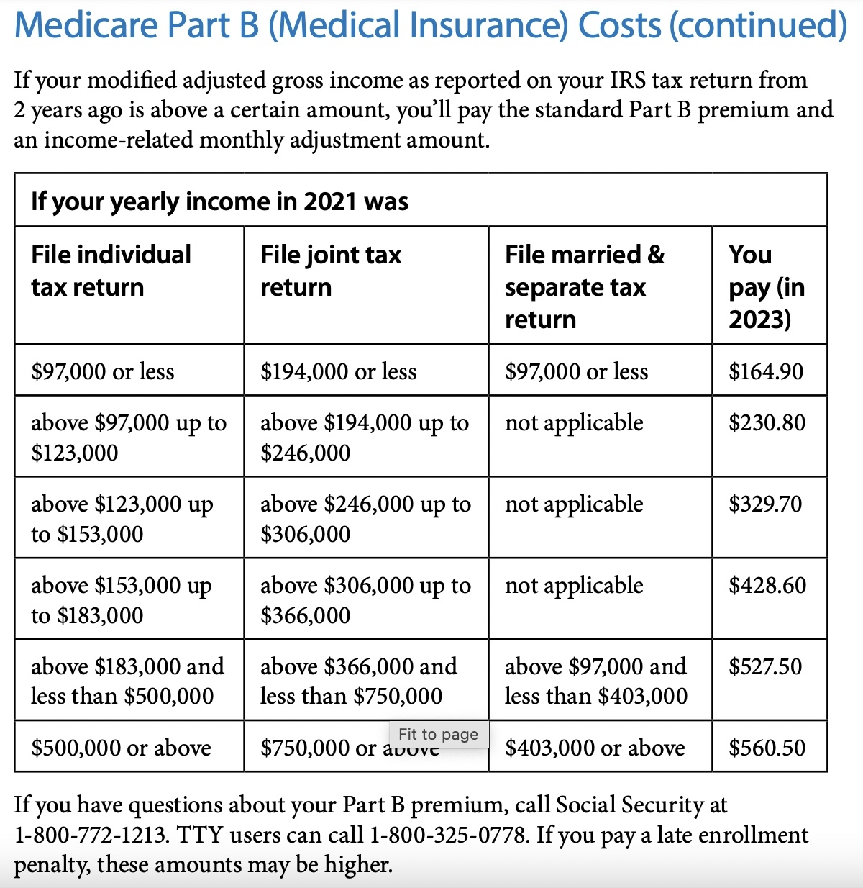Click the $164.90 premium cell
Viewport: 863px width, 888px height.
[x=766, y=371]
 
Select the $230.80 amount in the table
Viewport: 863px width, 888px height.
[x=767, y=422]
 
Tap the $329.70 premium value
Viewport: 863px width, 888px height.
[x=765, y=504]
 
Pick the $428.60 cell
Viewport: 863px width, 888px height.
[x=767, y=585]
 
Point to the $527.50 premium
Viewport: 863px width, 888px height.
[x=765, y=666]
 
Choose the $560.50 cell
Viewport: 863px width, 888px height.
[x=767, y=748]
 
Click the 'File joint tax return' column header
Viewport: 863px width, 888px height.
[x=331, y=271]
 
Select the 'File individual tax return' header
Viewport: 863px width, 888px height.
[x=111, y=271]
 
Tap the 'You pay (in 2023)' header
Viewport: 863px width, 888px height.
[x=766, y=286]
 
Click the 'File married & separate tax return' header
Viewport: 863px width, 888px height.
[x=584, y=286]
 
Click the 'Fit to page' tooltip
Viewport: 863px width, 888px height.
[x=438, y=734]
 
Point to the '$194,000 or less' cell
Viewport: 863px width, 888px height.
[x=339, y=371]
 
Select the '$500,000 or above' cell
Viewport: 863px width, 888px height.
[x=121, y=748]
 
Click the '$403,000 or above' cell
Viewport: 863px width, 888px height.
[x=595, y=748]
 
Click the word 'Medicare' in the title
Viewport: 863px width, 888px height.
[x=86, y=26]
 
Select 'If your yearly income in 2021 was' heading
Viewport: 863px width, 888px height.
[x=219, y=201]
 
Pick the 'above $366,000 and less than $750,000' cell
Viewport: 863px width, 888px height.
[x=358, y=681]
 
